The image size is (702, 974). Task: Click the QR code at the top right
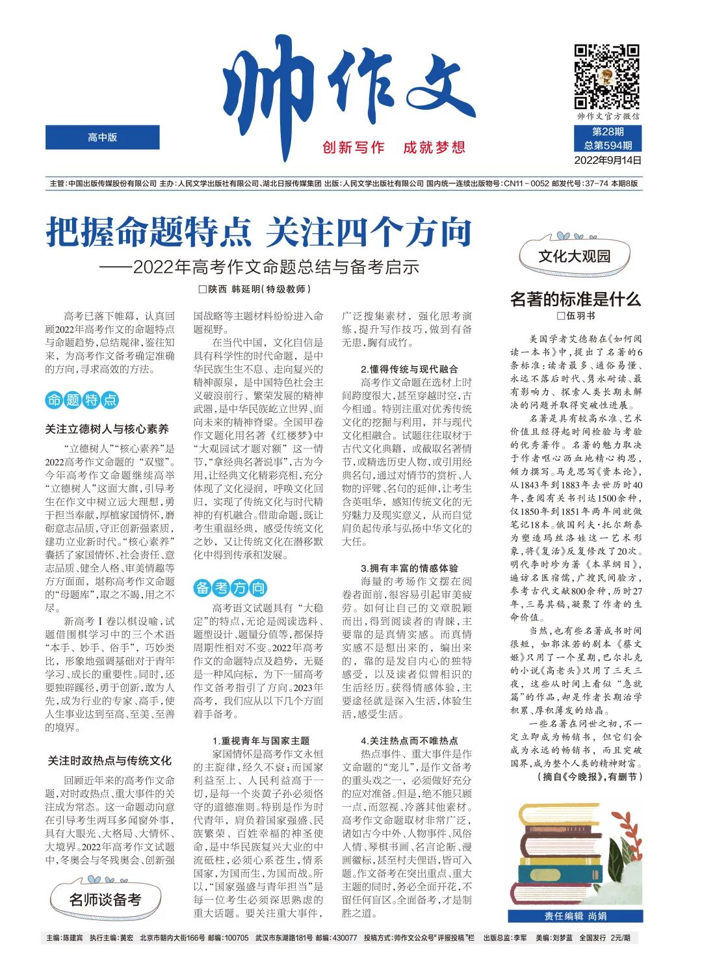(x=606, y=77)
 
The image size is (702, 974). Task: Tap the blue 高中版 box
(x=102, y=138)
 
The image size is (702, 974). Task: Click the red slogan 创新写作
(x=354, y=148)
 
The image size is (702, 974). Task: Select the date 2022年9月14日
(x=607, y=160)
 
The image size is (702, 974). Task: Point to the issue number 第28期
(x=607, y=132)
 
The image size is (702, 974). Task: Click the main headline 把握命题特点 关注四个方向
(x=259, y=233)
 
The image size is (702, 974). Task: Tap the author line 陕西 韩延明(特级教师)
(x=259, y=289)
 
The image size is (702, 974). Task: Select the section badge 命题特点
(x=82, y=400)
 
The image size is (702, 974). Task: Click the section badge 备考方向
(x=230, y=588)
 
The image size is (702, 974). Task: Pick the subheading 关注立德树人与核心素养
(x=107, y=429)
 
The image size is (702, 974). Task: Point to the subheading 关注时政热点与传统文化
(x=109, y=760)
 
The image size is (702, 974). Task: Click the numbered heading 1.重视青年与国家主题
(x=261, y=741)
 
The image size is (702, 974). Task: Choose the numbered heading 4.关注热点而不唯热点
(x=409, y=741)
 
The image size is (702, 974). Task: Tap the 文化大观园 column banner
(x=574, y=256)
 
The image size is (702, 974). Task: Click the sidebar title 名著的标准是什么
(x=575, y=299)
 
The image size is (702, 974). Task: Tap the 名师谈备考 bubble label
(x=105, y=900)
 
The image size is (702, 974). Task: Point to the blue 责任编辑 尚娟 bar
(x=575, y=916)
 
